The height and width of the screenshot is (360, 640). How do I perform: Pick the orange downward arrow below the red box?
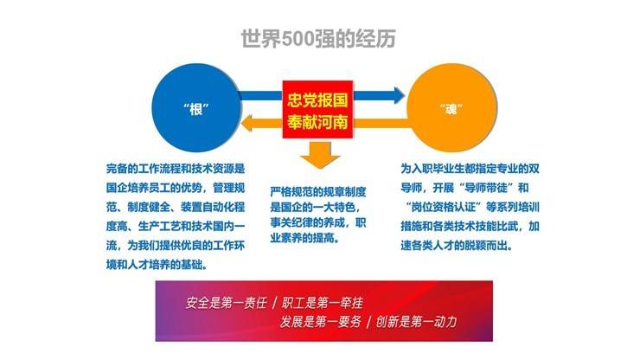[317, 156]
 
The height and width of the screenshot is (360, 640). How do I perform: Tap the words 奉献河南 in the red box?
[317, 120]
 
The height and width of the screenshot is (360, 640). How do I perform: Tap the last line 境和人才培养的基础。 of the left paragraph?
[156, 264]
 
